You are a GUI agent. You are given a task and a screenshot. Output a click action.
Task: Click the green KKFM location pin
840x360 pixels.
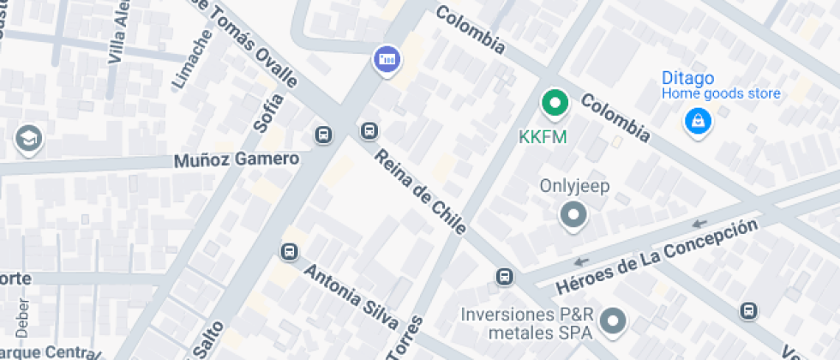tap(555, 105)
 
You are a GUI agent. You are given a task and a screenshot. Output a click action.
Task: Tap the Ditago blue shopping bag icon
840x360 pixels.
tap(699, 120)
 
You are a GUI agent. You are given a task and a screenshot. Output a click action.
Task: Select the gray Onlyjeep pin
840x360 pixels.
tap(573, 214)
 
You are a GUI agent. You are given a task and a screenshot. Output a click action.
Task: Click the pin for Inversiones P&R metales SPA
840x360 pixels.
tap(612, 321)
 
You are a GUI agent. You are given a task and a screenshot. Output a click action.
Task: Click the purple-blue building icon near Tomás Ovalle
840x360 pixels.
tap(387, 59)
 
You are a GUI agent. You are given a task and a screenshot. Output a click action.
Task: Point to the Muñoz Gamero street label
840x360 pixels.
tap(237, 159)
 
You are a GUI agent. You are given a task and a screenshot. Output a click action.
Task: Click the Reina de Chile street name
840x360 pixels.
tap(421, 191)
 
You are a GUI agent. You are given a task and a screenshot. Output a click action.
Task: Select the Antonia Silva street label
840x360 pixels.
tap(351, 295)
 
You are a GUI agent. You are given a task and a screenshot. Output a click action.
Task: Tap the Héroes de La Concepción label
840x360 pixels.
tap(658, 256)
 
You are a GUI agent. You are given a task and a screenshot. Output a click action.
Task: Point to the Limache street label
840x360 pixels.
tap(192, 59)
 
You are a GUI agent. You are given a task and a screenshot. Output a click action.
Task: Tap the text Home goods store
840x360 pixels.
tap(721, 94)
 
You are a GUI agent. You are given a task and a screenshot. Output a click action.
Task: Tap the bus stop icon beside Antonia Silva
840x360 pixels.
tap(289, 252)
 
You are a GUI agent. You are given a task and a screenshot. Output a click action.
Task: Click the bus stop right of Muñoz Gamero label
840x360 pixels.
tap(324, 135)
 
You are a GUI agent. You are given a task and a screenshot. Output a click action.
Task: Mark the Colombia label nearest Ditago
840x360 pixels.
tap(615, 117)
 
